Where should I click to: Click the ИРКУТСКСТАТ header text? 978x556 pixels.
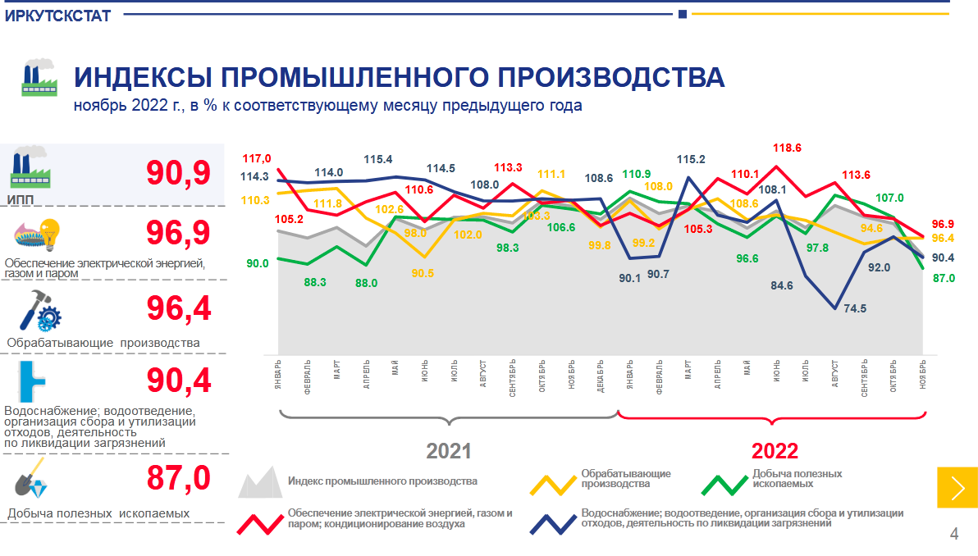57,16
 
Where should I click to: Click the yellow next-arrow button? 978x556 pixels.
957,487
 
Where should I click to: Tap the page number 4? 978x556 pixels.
954,535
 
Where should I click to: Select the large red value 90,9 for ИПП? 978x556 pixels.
178,173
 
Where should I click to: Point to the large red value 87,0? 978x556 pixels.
178,478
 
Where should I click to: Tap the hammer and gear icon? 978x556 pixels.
42,313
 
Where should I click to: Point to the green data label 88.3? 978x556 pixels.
315,282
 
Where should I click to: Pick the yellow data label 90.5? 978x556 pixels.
423,273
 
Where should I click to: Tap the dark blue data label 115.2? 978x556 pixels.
691,160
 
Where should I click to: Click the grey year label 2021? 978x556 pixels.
449,451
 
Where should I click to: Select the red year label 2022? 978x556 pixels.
775,451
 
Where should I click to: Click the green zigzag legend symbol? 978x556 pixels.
724,483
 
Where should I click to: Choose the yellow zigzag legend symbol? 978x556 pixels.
552,483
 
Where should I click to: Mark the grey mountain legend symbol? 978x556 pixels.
260,483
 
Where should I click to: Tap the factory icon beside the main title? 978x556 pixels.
37,79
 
